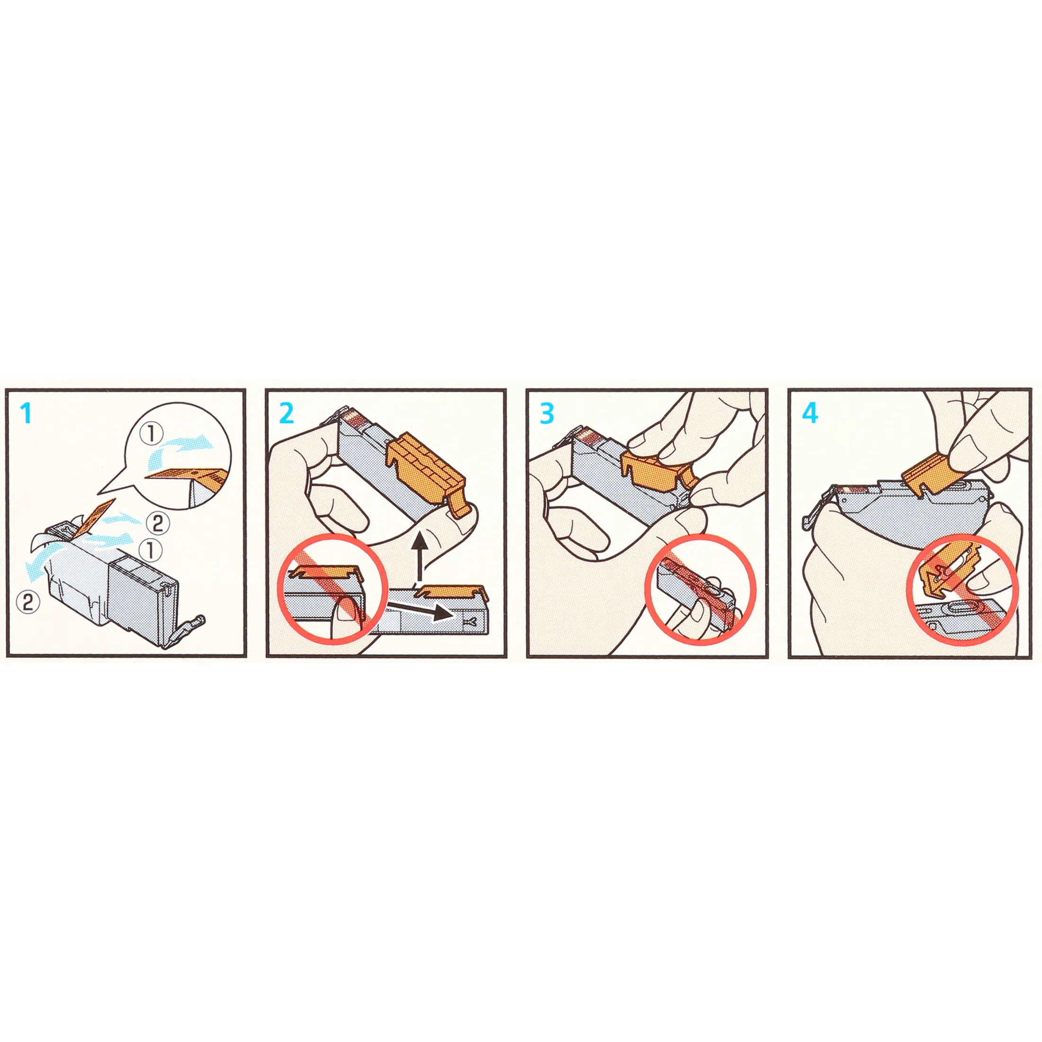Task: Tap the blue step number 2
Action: pos(287,413)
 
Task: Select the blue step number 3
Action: pos(547,413)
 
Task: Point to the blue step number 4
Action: pos(810,413)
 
